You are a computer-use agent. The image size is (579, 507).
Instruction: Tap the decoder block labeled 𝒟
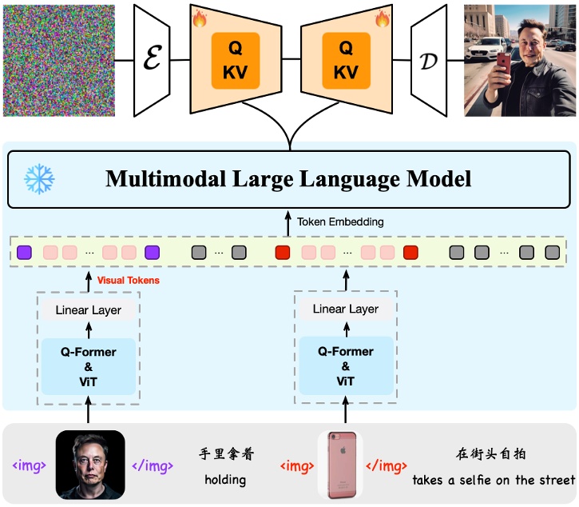[429, 60]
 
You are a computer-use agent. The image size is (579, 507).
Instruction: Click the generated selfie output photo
[519, 60]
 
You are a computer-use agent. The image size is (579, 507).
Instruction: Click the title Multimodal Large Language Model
[288, 178]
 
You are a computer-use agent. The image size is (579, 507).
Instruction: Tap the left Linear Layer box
[88, 309]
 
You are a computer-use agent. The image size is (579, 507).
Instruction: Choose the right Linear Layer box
[345, 309]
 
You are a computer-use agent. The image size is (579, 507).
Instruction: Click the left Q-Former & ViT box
[88, 365]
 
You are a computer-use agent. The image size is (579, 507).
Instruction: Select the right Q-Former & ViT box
[345, 365]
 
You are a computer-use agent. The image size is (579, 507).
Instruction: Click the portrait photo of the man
[89, 465]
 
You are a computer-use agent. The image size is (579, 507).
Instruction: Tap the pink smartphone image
[340, 465]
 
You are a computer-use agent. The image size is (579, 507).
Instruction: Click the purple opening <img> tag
[28, 465]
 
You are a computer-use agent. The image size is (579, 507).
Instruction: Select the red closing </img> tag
[387, 465]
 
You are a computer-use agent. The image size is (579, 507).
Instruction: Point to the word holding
[225, 481]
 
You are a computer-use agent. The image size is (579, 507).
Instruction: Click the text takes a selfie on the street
[494, 481]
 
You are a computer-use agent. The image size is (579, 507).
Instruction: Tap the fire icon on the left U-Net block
[199, 15]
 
